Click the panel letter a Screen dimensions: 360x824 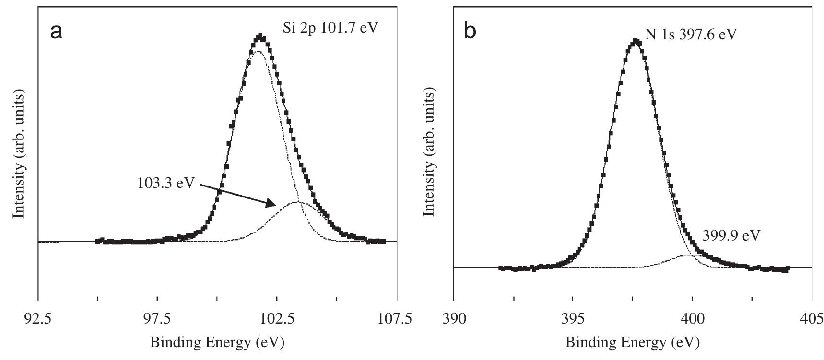click(x=56, y=32)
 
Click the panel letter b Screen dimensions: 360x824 click(x=471, y=32)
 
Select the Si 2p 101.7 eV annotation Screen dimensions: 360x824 click(x=330, y=27)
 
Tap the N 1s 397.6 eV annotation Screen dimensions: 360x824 click(x=691, y=35)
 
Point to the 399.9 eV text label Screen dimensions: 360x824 click(x=731, y=235)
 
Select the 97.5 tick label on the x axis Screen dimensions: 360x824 click(x=158, y=319)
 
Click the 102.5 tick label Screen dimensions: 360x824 click(x=277, y=319)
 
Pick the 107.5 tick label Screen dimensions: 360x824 click(x=396, y=319)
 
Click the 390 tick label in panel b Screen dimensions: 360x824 click(x=454, y=319)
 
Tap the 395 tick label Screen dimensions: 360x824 click(x=573, y=319)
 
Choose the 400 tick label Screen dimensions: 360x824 click(x=693, y=319)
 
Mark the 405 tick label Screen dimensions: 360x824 click(x=812, y=319)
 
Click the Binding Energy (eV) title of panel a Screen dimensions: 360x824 click(x=217, y=342)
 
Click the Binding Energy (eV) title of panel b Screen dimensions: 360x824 click(x=633, y=342)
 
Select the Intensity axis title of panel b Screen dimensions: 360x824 click(x=430, y=152)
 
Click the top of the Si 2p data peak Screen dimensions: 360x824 click(x=260, y=35)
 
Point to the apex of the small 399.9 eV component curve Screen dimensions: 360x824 click(x=688, y=255)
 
